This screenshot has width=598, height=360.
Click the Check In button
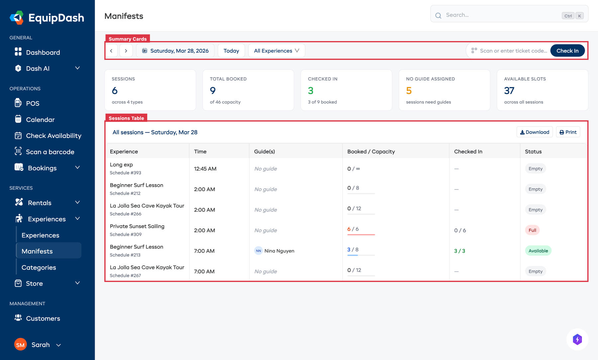coord(567,51)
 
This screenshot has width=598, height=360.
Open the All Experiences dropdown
coord(276,51)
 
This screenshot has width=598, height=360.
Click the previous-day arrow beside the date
coord(111,51)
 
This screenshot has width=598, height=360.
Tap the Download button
coord(535,132)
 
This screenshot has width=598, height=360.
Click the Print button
coord(568,132)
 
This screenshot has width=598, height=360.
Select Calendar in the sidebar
coord(40,120)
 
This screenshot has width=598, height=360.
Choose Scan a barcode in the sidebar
coord(50,152)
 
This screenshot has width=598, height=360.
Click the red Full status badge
coord(532,230)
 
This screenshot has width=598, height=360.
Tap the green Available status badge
coord(538,251)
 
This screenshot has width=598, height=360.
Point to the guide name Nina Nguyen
coord(279,251)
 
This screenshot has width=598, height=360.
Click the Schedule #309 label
coord(126,235)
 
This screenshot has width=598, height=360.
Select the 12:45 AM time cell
coord(205,169)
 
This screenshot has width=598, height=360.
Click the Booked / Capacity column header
coord(371,152)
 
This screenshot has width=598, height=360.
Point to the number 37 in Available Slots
coord(509,91)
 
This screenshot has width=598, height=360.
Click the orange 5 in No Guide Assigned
coord(409,91)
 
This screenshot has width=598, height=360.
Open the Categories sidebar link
coord(39,268)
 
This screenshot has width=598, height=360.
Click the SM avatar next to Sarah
coord(20,345)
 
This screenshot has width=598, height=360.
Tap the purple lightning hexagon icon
coord(577,339)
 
